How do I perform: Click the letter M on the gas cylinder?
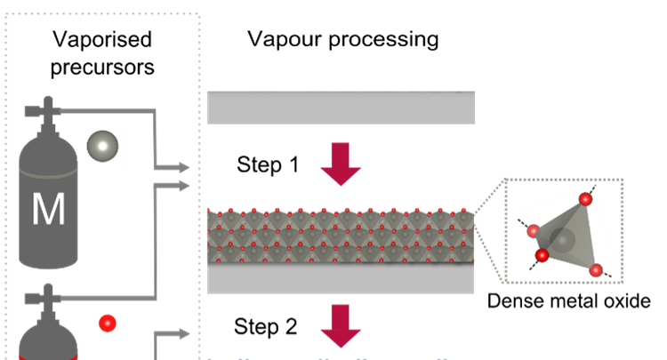tap(48, 210)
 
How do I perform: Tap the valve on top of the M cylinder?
tap(47, 110)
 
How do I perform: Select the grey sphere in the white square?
tap(103, 146)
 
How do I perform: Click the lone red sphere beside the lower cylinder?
tap(108, 323)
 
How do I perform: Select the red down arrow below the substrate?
tap(341, 325)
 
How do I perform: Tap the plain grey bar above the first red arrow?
tap(341, 108)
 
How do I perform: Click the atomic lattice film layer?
tap(341, 236)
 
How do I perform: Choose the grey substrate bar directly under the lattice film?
tap(341, 279)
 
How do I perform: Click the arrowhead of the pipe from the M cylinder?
tap(184, 167)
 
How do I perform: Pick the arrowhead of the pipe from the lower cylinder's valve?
tap(184, 186)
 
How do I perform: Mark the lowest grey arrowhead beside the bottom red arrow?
tap(184, 334)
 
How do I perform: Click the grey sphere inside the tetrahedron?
tap(562, 239)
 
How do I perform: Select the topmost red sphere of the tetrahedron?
tap(585, 199)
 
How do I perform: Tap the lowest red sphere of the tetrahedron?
tap(596, 270)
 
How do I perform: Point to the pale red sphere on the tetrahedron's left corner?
tap(534, 231)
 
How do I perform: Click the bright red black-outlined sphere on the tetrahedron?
tap(542, 256)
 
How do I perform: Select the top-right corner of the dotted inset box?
tap(622, 180)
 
